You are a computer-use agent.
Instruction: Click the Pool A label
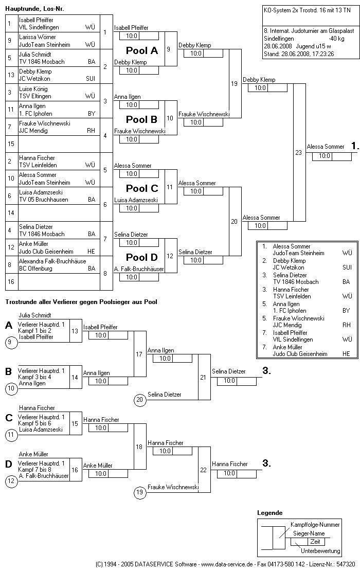142,50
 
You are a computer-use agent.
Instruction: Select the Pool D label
142,257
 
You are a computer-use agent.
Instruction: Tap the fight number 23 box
298,152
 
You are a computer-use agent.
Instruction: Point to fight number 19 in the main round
234,83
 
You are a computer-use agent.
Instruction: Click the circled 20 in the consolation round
139,400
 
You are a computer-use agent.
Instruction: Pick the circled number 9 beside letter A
10,341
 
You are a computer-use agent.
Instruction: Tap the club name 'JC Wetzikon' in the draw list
35,79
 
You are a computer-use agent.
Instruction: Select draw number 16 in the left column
10,282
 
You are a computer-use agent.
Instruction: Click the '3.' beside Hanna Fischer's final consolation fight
266,463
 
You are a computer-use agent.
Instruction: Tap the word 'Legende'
269,513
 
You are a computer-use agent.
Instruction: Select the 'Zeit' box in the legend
315,542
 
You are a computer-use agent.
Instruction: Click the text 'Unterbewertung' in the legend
320,551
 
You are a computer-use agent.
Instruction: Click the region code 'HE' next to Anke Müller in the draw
91,251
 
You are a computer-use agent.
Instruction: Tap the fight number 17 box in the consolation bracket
139,354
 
